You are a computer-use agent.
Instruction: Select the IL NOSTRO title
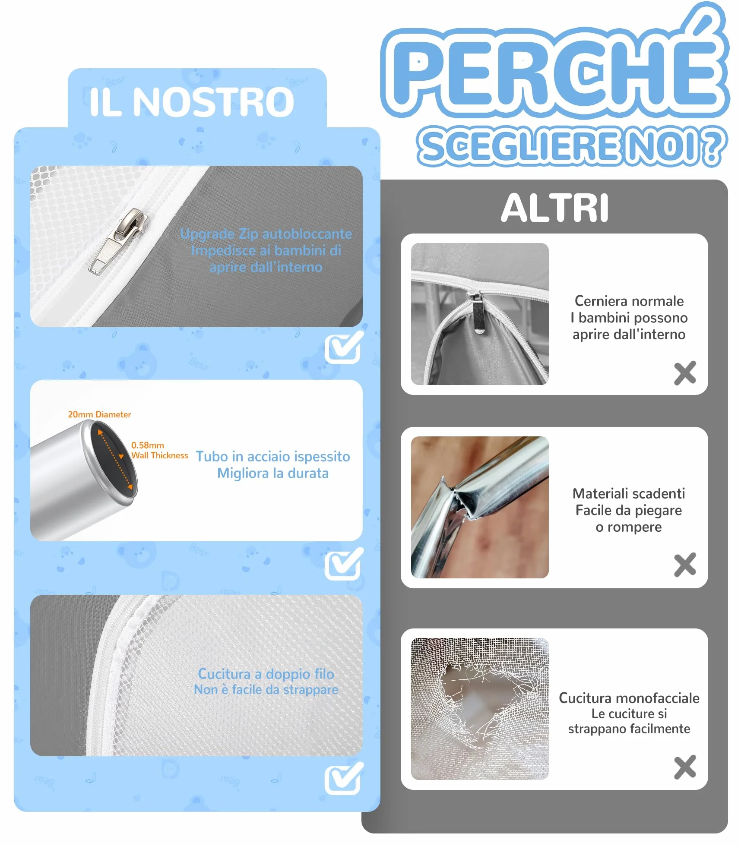(x=192, y=102)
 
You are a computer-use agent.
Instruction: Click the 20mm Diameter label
(x=99, y=414)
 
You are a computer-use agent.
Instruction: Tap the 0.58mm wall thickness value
(x=148, y=445)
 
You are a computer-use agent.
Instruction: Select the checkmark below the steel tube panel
(x=344, y=563)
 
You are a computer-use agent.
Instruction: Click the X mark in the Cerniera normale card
(x=685, y=373)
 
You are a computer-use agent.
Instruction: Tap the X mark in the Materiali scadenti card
(x=685, y=565)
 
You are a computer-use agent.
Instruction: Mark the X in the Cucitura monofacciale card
(x=685, y=767)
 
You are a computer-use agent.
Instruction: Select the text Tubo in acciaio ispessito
(x=273, y=456)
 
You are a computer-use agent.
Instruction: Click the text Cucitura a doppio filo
(x=266, y=674)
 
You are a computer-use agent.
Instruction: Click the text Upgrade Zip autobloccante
(x=266, y=234)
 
